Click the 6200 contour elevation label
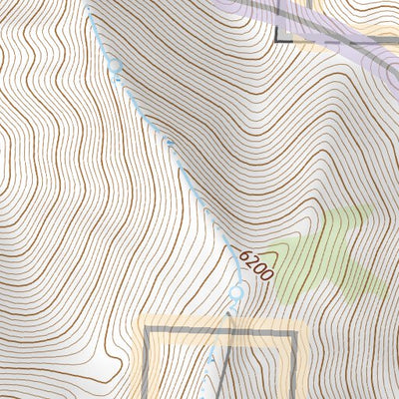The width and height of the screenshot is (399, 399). pos(255,263)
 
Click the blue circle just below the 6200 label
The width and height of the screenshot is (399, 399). pos(236,292)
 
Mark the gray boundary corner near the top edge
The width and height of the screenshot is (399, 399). pos(278,42)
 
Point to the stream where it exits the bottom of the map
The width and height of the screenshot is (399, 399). pos(207,396)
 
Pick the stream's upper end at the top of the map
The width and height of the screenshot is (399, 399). pos(87,3)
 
